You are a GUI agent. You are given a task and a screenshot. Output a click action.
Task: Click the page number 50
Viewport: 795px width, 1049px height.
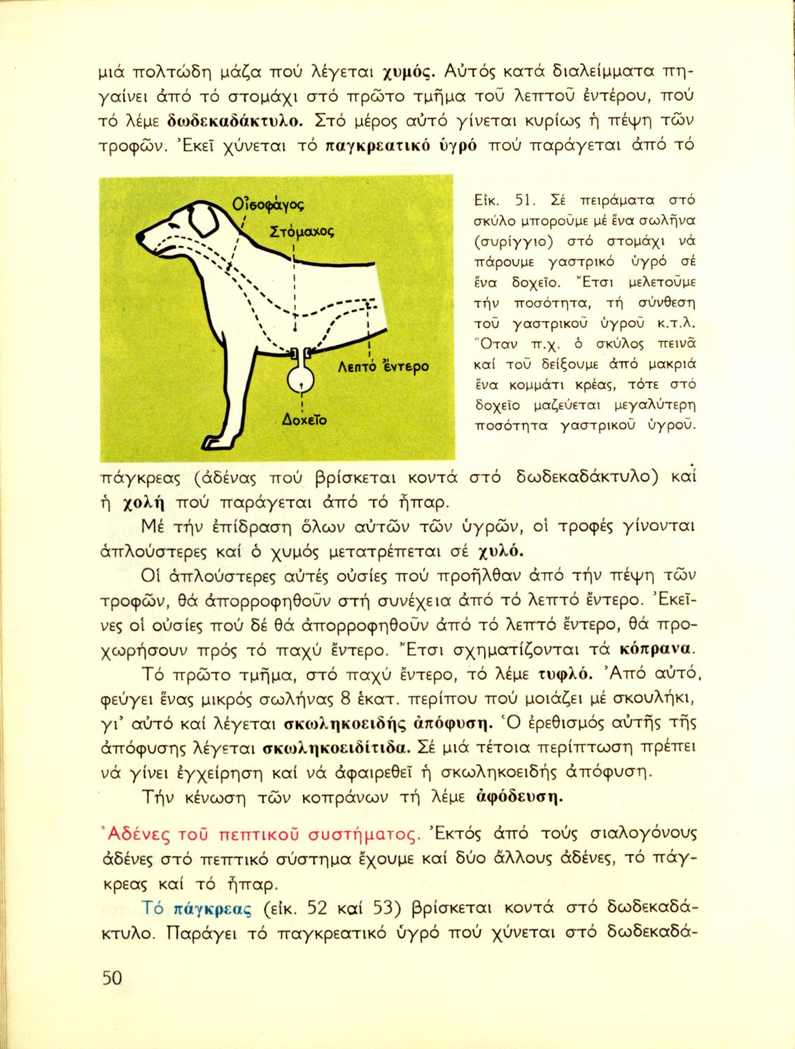coord(112,977)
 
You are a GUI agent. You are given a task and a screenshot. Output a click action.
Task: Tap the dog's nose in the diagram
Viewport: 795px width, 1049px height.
coord(141,238)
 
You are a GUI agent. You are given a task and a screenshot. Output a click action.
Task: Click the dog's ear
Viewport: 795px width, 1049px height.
coord(204,220)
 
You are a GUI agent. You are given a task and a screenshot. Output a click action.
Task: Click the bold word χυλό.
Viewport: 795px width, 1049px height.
coord(500,550)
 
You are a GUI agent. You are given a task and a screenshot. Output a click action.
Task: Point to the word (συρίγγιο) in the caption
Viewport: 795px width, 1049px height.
coord(506,242)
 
